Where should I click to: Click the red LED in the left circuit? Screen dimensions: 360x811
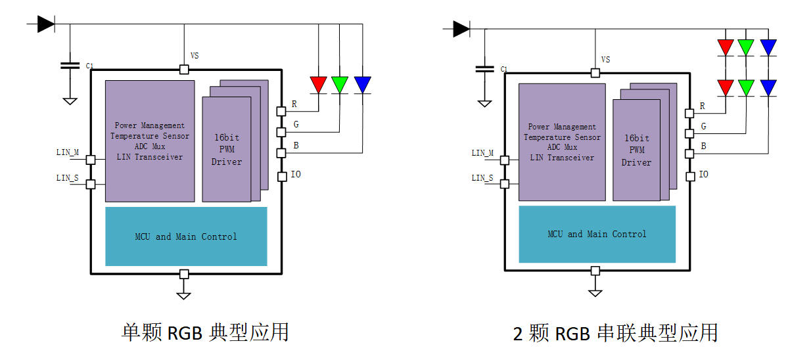(319, 84)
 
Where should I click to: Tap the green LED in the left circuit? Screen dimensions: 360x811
(340, 84)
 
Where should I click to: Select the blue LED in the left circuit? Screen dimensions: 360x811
(362, 84)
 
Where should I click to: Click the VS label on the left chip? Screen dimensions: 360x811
(195, 56)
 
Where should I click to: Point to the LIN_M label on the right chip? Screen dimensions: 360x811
(482, 153)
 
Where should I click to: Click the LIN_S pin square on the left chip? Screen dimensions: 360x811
(91, 185)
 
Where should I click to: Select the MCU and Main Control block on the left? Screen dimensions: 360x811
(186, 236)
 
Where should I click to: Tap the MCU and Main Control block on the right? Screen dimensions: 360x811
(597, 234)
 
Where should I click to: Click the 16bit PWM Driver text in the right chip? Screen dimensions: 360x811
(636, 150)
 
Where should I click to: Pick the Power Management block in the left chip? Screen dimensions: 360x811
(150, 141)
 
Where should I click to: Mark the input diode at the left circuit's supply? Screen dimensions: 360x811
(45, 24)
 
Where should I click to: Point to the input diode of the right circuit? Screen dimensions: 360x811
(461, 29)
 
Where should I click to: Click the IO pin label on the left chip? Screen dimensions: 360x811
(296, 175)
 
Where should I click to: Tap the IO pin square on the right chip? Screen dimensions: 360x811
(690, 176)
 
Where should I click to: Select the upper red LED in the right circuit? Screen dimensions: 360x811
(726, 47)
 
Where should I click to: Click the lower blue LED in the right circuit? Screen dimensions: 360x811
(768, 87)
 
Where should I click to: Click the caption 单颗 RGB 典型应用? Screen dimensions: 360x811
(205, 332)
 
